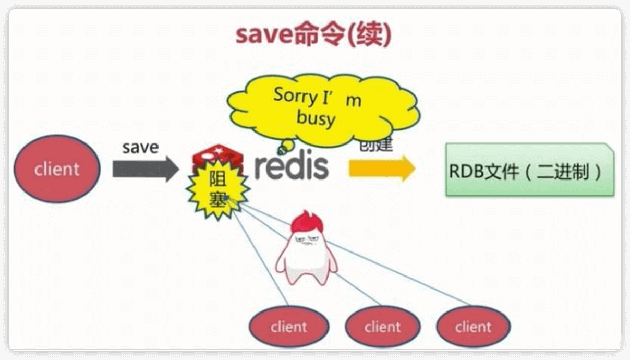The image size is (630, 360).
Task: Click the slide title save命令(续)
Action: pyautogui.click(x=313, y=36)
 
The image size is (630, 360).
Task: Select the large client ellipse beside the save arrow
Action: pyautogui.click(x=57, y=169)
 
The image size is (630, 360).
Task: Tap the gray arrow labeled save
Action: pyautogui.click(x=146, y=169)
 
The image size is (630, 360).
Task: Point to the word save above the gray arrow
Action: pyautogui.click(x=140, y=147)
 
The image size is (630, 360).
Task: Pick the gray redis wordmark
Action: pyautogui.click(x=292, y=166)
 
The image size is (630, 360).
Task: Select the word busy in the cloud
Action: pyautogui.click(x=316, y=118)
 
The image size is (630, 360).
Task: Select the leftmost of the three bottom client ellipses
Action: pyautogui.click(x=289, y=327)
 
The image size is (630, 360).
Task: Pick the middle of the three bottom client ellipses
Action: pyautogui.click(x=382, y=327)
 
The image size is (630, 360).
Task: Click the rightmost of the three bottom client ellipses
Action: pyautogui.click(x=473, y=327)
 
